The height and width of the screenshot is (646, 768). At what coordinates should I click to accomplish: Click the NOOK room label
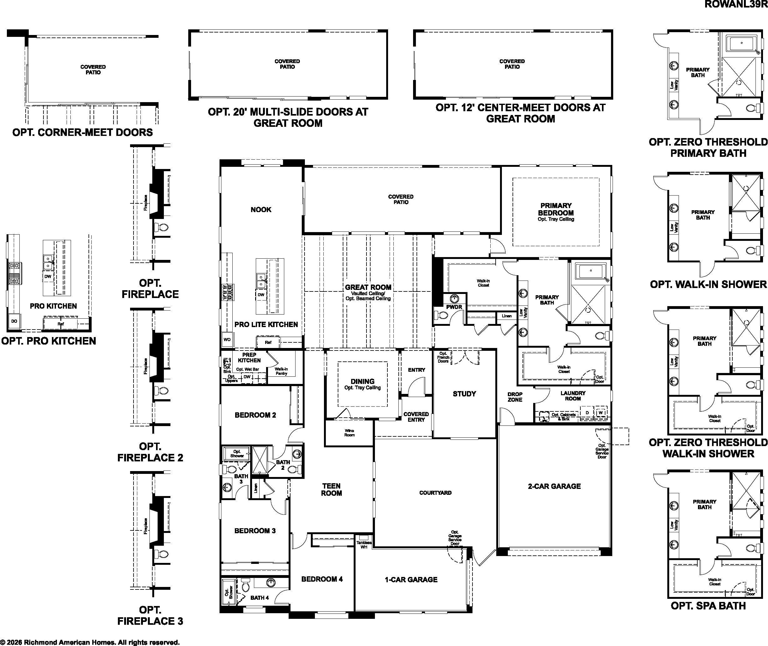[261, 210]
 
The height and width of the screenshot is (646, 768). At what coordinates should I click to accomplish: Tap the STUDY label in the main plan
[464, 394]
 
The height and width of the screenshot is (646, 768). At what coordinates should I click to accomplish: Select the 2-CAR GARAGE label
[554, 486]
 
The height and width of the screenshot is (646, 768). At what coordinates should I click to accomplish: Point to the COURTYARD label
[435, 493]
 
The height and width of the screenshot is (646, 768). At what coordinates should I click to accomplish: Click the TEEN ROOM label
[331, 489]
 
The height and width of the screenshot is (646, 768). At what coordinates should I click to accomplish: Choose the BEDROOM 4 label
[322, 579]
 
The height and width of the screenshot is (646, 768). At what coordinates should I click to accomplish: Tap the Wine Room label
[349, 433]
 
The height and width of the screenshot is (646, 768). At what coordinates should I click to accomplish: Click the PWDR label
[454, 307]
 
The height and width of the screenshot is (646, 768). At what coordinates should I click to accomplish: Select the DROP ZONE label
[515, 397]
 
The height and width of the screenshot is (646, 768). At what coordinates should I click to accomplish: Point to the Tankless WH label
[364, 545]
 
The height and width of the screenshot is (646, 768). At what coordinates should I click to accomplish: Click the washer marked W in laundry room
[600, 413]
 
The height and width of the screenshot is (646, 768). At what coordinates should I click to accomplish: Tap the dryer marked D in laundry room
[587, 413]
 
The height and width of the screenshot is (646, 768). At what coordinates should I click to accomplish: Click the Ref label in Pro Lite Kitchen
[268, 342]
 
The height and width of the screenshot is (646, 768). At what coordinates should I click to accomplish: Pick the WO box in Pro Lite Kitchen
[227, 340]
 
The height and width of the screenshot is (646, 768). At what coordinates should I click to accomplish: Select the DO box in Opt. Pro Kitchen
[14, 321]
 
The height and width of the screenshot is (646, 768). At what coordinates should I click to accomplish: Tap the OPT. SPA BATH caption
[708, 606]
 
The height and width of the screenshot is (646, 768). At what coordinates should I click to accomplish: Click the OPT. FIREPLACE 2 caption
[150, 452]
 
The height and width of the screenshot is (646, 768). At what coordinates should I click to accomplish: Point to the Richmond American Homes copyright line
[90, 642]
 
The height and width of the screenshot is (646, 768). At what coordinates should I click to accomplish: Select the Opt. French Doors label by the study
[443, 357]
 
